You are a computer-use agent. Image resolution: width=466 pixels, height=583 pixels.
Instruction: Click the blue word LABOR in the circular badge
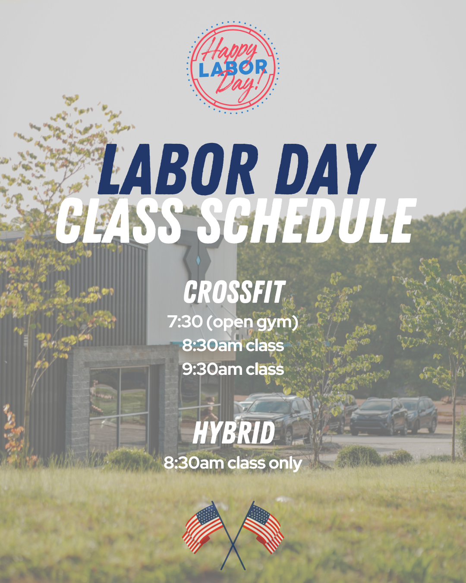coord(233,69)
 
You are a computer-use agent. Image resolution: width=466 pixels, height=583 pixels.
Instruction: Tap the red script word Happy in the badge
coord(230,51)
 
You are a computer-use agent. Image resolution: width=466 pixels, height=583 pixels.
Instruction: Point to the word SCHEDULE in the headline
coord(306,221)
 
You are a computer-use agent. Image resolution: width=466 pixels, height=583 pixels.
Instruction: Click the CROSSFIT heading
coord(234,292)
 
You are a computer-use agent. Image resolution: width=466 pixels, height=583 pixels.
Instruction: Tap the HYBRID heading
coord(234,433)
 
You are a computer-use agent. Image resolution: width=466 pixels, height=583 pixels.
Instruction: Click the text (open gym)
coord(252,323)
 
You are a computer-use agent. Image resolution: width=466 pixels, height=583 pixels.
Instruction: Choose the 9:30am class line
coord(233,369)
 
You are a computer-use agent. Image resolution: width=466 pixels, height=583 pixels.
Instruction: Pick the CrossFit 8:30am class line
coord(233,345)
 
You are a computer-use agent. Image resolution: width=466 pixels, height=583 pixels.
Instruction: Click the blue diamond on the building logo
coord(198,260)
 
